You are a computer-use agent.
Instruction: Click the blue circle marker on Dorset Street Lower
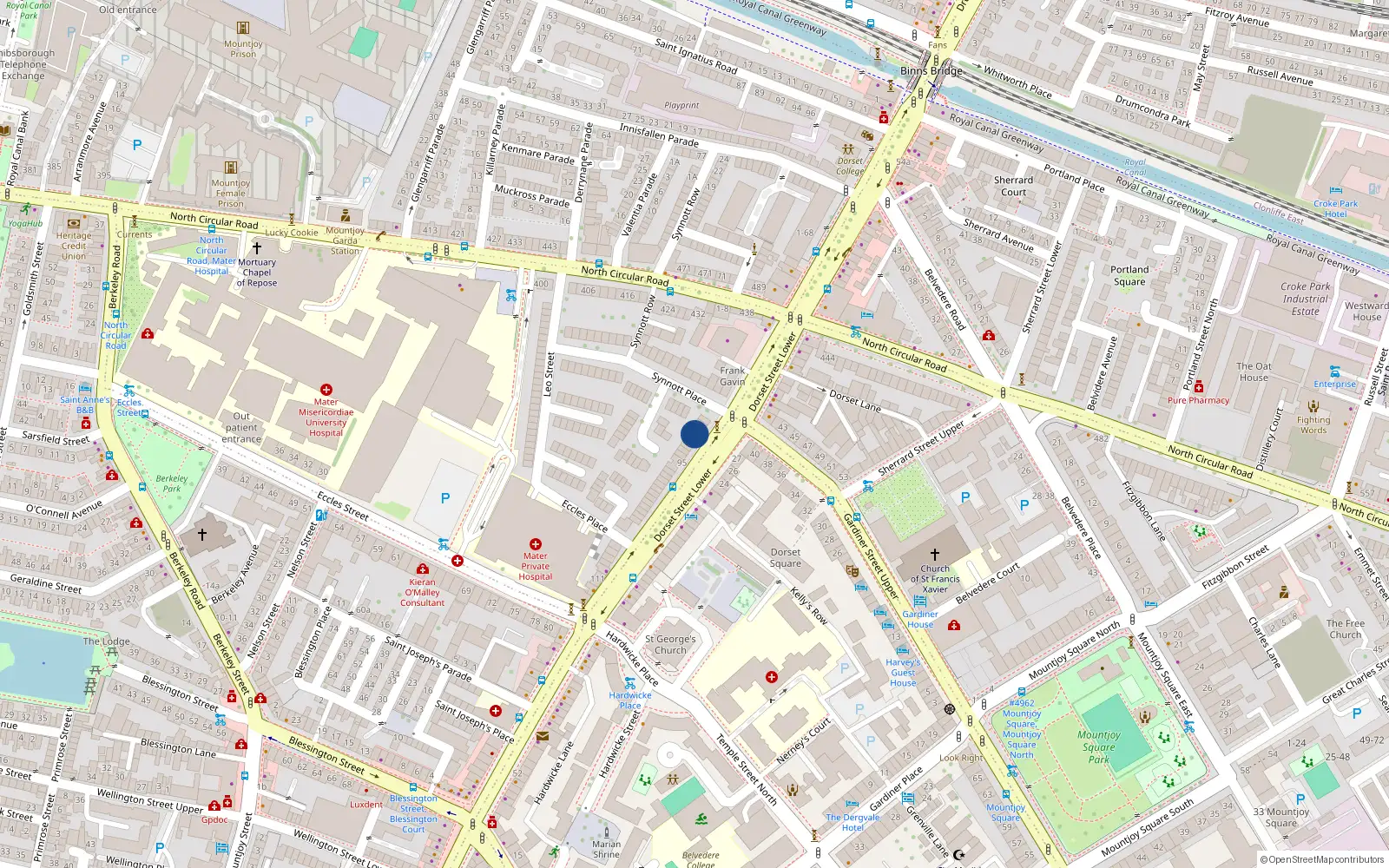[694, 434]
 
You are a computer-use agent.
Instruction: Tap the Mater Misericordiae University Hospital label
[326, 418]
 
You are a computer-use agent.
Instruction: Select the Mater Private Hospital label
[536, 566]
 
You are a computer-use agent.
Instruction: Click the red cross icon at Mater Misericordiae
[326, 391]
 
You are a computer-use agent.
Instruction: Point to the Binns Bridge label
[931, 71]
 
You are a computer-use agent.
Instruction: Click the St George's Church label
[670, 644]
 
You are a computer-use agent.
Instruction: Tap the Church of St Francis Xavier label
[935, 579]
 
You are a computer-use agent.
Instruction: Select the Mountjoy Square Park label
[1098, 746]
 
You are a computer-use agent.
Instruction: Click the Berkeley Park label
[172, 483]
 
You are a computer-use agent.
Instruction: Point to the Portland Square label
[1129, 275]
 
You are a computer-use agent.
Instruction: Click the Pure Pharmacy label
[1198, 401]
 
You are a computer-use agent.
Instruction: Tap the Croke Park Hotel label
[1335, 208]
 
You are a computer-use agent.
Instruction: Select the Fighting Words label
[1313, 424]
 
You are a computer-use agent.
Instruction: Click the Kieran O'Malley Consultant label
[422, 592]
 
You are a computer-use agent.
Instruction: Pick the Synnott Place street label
[679, 387]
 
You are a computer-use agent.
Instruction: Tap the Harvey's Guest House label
[903, 673]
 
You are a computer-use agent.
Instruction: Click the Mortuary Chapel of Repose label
[257, 272]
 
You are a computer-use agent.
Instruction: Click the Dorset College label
[850, 166]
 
